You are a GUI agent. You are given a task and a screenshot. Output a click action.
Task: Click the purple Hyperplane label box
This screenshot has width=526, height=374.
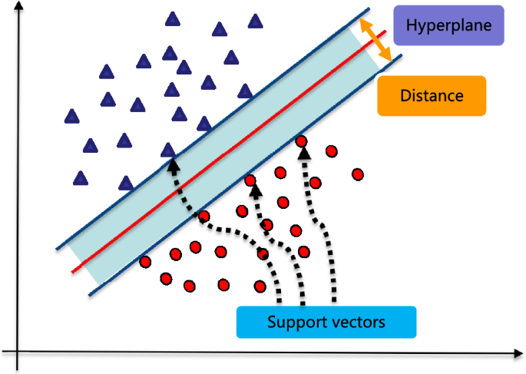(x=448, y=25)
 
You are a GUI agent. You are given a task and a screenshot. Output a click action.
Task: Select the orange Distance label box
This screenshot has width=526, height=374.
(x=432, y=96)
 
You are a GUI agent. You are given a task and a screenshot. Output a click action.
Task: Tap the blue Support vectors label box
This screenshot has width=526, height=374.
(x=326, y=322)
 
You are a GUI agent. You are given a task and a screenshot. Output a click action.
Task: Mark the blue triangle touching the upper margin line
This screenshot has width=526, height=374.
(x=167, y=151)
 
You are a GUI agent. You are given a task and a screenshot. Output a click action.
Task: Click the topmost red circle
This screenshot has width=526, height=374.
(x=302, y=141)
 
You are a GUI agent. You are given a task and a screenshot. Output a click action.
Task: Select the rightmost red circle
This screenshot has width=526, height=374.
(x=357, y=174)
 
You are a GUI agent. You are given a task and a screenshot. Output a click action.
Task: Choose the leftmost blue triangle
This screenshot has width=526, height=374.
(x=72, y=117)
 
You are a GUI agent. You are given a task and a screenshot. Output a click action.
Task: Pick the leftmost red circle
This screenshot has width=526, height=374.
(x=145, y=263)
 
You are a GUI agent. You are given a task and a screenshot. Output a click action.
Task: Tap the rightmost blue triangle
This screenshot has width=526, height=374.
(x=255, y=22)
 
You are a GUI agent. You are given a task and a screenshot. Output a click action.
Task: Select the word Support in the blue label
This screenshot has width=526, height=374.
(x=293, y=322)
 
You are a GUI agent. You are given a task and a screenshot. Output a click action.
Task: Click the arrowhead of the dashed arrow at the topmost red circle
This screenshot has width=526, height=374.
(x=304, y=153)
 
